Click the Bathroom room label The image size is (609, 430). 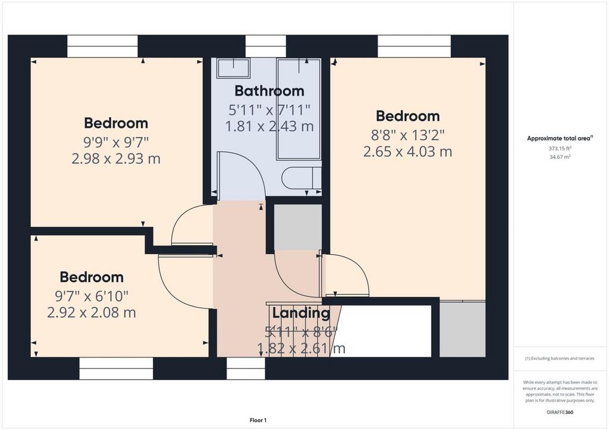pyautogui.click(x=269, y=91)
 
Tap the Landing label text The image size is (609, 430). pyautogui.click(x=301, y=312)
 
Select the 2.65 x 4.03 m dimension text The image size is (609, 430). pyautogui.click(x=408, y=151)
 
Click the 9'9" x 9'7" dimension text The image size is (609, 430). pyautogui.click(x=116, y=143)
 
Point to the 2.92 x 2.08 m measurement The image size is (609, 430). pyautogui.click(x=92, y=312)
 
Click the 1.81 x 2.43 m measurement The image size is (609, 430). pyautogui.click(x=269, y=126)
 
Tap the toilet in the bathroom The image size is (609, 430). pyautogui.click(x=302, y=178)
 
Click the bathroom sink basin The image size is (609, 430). pyautogui.click(x=233, y=68)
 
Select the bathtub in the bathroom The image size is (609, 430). pyautogui.click(x=299, y=109)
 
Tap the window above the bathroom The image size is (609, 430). pyautogui.click(x=266, y=46)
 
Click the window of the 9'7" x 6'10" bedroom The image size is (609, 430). pyautogui.click(x=116, y=368)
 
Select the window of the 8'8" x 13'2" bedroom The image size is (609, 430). pyautogui.click(x=415, y=46)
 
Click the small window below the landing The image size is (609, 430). pyautogui.click(x=246, y=368)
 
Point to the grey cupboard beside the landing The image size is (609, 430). pyautogui.click(x=298, y=227)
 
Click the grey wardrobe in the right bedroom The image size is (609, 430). pyautogui.click(x=463, y=329)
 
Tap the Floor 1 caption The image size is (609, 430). pyautogui.click(x=258, y=420)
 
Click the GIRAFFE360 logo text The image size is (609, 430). pyautogui.click(x=560, y=412)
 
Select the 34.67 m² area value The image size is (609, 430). pyautogui.click(x=560, y=157)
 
